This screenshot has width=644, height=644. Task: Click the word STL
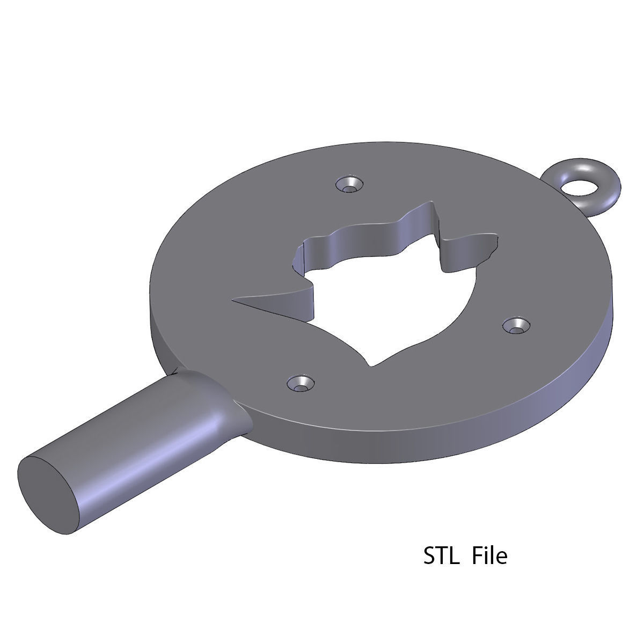(x=442, y=556)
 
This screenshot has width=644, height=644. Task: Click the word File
(x=489, y=556)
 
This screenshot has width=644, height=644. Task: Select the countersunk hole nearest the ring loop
(x=349, y=185)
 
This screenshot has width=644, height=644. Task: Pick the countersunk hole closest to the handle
(x=301, y=383)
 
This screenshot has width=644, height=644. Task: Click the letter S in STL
(x=430, y=556)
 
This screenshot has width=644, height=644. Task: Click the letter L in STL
(x=454, y=556)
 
